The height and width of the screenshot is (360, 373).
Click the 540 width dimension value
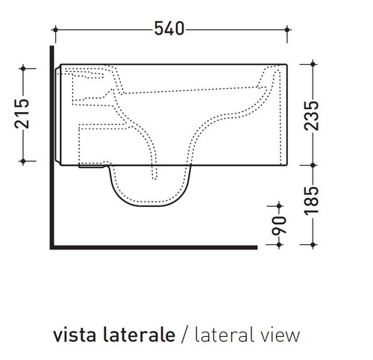[x=170, y=29]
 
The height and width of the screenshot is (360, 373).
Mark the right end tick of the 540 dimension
[x=286, y=30]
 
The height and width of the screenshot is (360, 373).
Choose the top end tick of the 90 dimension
[x=278, y=205]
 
